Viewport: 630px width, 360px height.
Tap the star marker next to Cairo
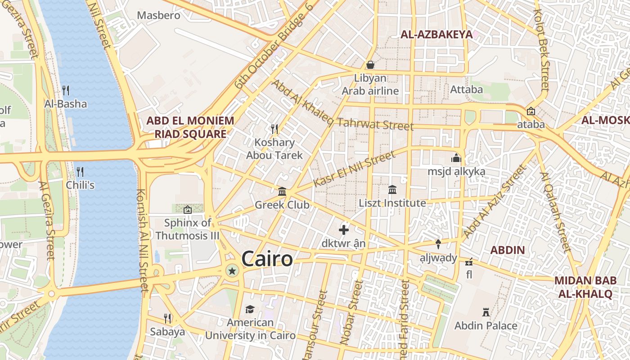(x=232, y=271)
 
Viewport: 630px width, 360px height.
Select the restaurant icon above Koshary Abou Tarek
(x=274, y=129)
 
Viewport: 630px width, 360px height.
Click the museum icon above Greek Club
(x=282, y=192)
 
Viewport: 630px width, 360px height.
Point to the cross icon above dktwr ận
(x=344, y=230)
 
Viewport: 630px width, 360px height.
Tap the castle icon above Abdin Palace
(x=486, y=312)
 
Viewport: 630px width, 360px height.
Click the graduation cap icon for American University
(x=250, y=309)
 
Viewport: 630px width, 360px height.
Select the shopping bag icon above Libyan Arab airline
(x=370, y=65)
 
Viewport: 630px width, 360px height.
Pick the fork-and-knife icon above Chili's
(x=80, y=171)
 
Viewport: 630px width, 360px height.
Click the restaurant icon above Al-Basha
(x=66, y=90)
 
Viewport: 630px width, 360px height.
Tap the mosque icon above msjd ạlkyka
(x=456, y=158)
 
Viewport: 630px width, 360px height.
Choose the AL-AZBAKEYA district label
(x=436, y=35)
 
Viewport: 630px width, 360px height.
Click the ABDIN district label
(x=508, y=250)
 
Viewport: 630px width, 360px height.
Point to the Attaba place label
(x=467, y=90)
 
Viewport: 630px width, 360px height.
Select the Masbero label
(x=158, y=15)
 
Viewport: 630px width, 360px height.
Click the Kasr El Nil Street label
(x=354, y=169)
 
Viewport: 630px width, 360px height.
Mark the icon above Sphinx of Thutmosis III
(x=188, y=209)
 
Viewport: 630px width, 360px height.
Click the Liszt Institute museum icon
(x=392, y=190)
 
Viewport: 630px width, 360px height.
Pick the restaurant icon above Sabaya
(x=167, y=319)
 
